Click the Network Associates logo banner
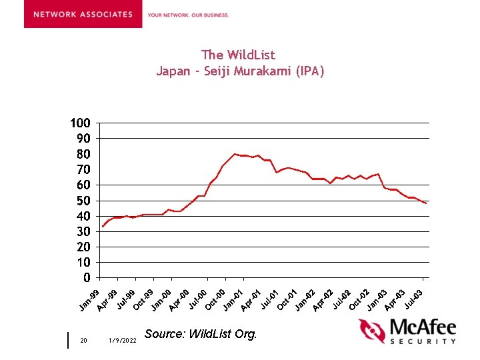83,14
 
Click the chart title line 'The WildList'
238,55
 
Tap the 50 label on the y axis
83,201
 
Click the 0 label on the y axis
87,277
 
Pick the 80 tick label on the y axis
83,154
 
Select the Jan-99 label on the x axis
89,301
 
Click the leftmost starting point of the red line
102,227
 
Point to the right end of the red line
426,203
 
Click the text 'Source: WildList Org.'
200,334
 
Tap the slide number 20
83,341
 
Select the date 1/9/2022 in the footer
122,341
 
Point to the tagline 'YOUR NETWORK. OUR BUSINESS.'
188,15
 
